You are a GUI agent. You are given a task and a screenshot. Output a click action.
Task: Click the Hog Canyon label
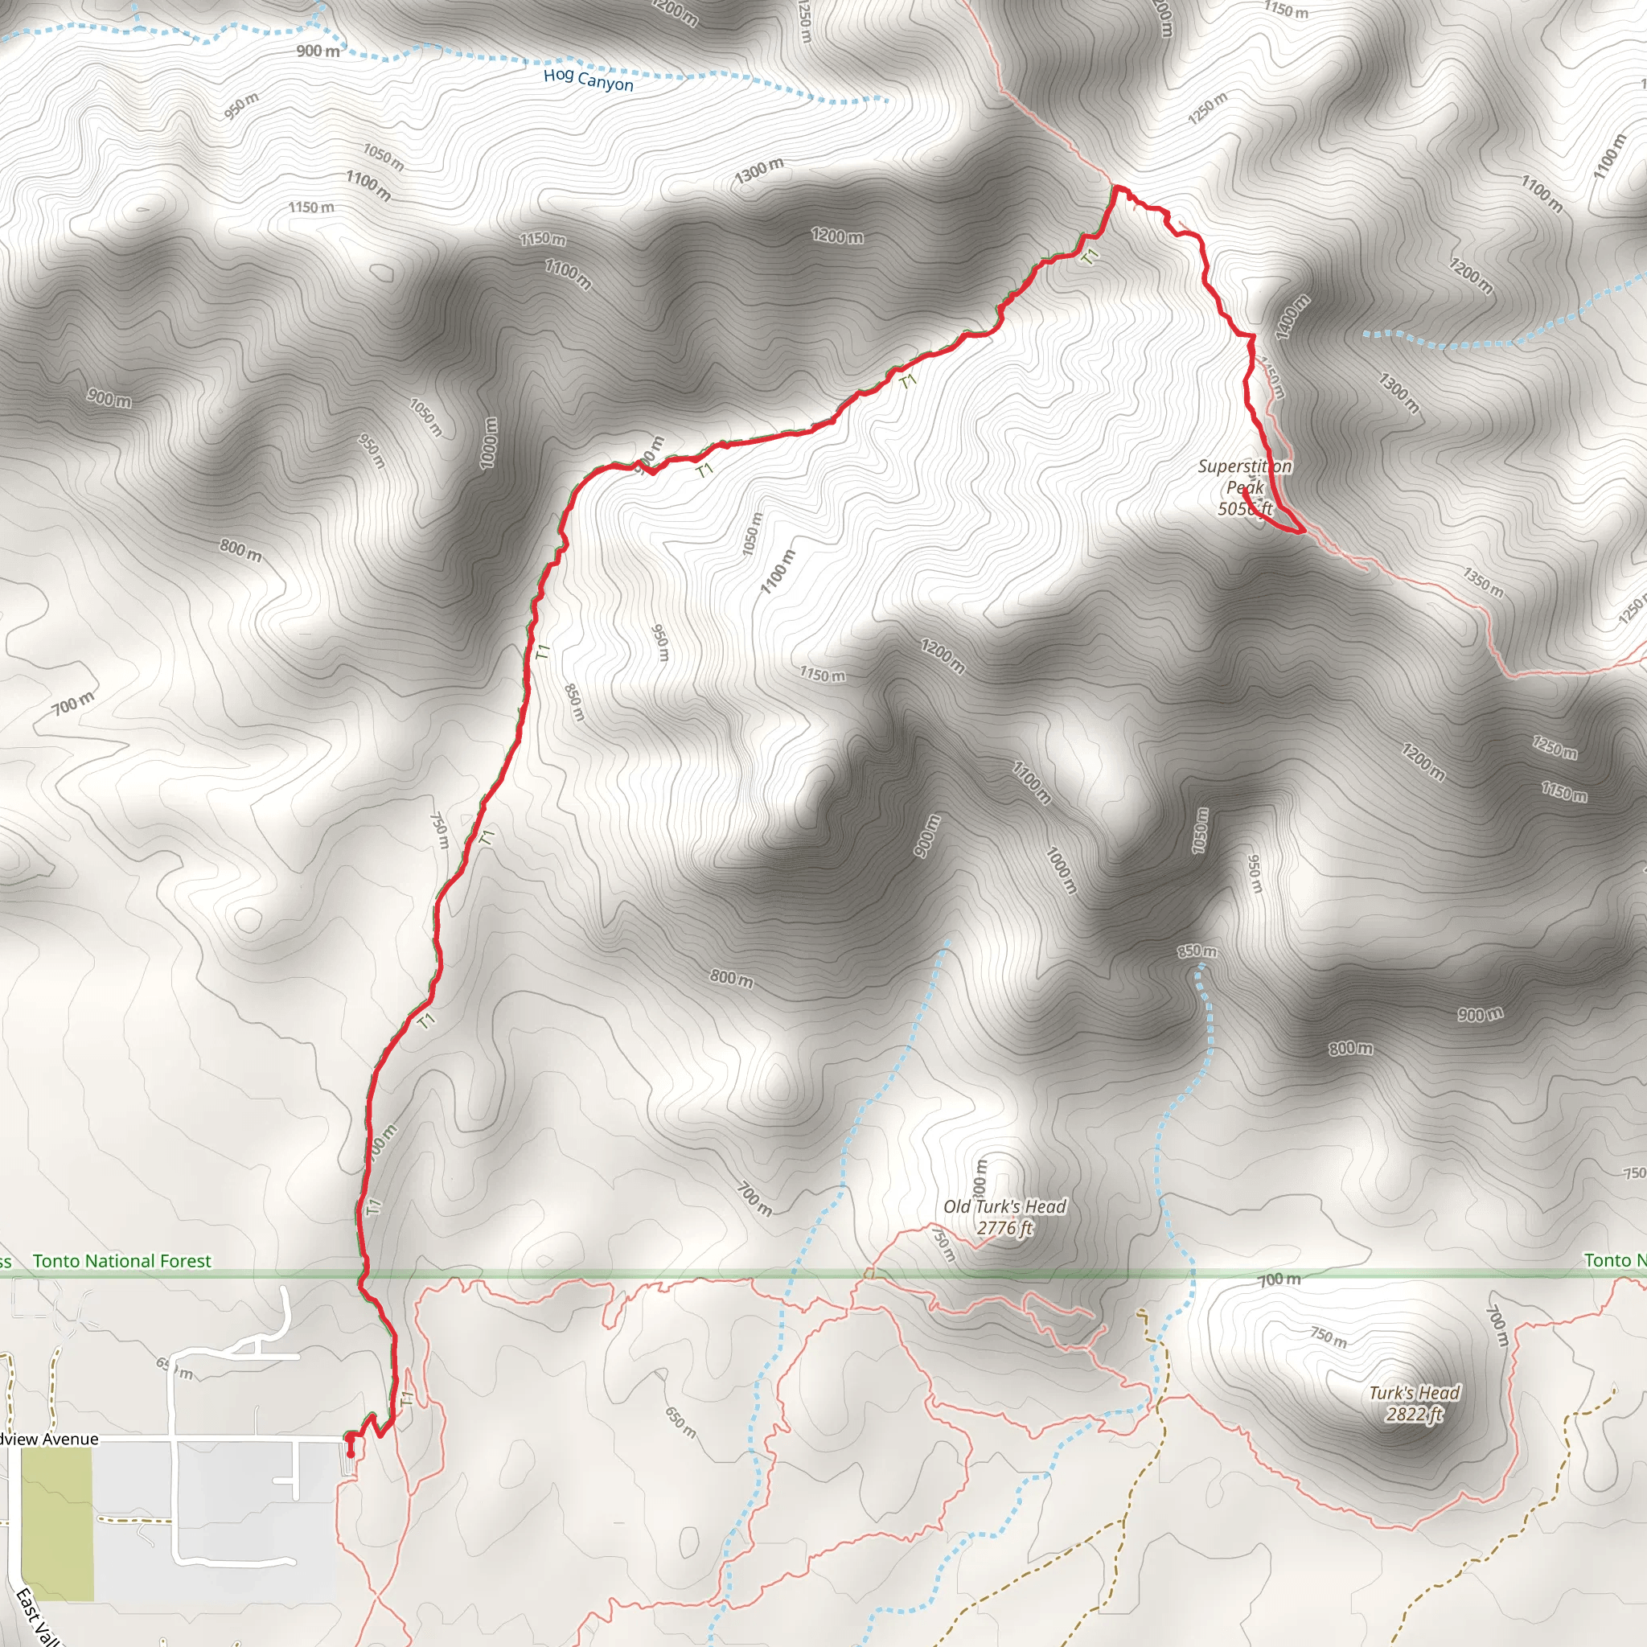pos(588,80)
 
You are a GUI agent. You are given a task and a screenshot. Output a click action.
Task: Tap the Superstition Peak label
pos(1245,487)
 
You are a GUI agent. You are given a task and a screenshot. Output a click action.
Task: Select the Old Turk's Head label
pos(1004,1217)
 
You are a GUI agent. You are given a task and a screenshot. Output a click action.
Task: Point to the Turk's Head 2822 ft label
pos(1415,1403)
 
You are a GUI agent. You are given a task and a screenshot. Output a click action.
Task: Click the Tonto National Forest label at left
pos(122,1261)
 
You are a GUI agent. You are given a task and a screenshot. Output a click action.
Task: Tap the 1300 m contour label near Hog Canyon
pos(758,170)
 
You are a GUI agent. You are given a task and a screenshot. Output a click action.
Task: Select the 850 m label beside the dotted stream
pos(1197,951)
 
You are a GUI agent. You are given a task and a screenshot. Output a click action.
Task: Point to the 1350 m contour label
pos(1482,581)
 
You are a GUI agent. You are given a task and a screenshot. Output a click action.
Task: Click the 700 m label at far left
pos(73,704)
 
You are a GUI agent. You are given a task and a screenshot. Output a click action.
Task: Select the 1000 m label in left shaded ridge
pos(488,442)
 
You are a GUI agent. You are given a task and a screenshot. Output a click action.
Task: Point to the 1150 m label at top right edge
pos(1286,10)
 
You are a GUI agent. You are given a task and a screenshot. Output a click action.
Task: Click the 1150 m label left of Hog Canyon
pos(311,207)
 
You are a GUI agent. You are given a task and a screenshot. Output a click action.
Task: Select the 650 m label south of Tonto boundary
pos(680,1421)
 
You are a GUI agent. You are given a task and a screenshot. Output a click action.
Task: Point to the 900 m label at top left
pos(318,51)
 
